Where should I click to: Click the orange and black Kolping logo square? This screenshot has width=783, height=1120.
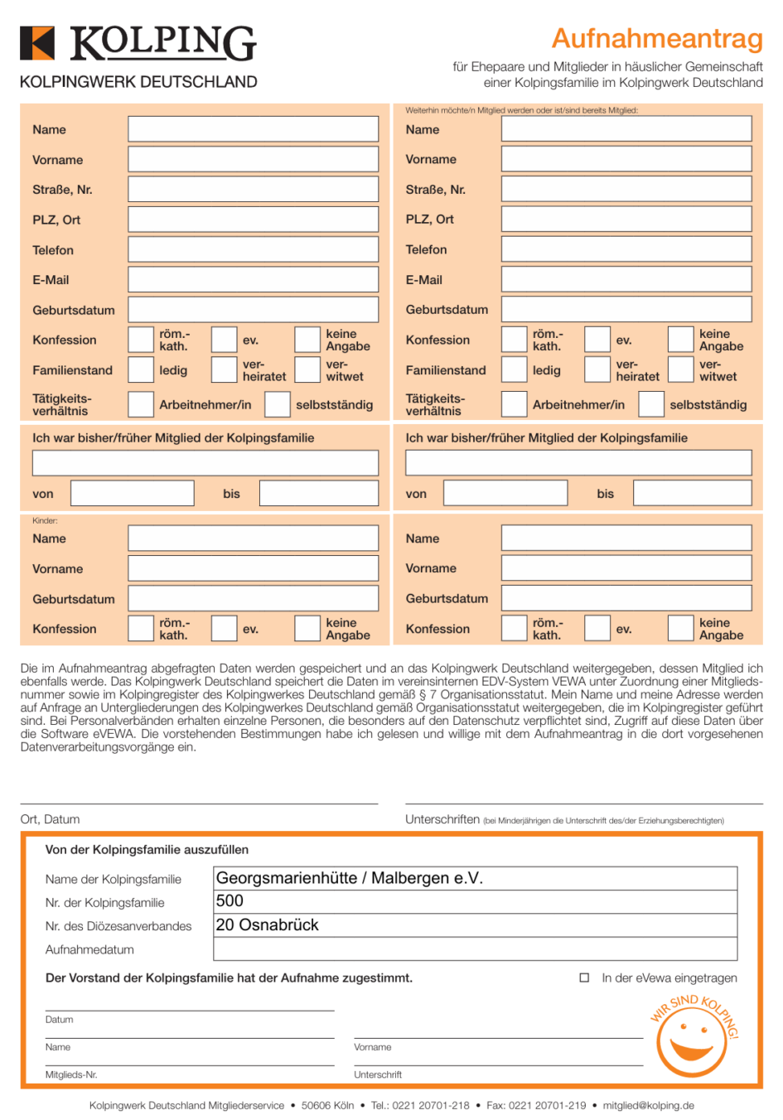coord(37,43)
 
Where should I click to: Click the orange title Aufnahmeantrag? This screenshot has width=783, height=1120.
coord(657,38)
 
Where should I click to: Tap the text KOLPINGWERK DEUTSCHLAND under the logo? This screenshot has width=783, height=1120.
coord(138,82)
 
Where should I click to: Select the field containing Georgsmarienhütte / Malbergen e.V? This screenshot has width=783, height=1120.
coord(475,878)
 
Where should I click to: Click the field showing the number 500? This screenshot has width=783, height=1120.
coord(475,901)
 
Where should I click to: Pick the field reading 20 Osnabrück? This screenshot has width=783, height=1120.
coord(475,925)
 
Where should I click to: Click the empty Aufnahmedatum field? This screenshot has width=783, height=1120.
coord(475,949)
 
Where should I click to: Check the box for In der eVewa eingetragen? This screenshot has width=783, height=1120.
coord(584,978)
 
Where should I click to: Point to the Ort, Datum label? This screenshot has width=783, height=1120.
coord(50,819)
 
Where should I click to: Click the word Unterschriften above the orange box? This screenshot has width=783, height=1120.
coord(442,819)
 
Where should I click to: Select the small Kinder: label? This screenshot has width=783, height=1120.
coord(45,521)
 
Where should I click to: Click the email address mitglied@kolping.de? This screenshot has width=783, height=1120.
coord(648,1106)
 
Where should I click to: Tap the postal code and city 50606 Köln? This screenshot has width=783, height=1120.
coord(327,1106)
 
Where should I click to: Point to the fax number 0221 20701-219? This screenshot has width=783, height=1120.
coord(547,1106)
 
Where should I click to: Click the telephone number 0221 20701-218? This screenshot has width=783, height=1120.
coord(431,1106)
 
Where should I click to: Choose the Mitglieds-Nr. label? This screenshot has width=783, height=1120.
coord(70,1074)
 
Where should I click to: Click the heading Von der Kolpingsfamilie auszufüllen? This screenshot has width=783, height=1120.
coord(147,850)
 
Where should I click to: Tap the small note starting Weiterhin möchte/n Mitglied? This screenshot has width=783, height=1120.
coord(521,110)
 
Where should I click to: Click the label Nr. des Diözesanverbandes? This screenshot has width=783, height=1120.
coord(118,926)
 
